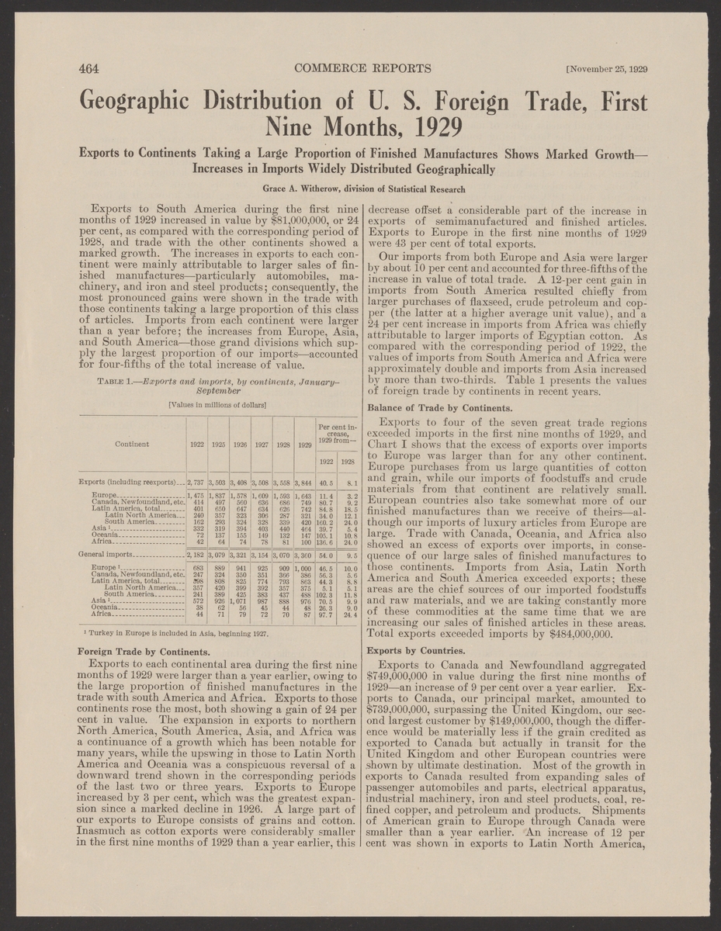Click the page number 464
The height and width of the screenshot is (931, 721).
click(x=92, y=67)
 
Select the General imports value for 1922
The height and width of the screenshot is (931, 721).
click(x=195, y=555)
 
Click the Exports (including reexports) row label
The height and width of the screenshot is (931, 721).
click(x=134, y=481)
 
